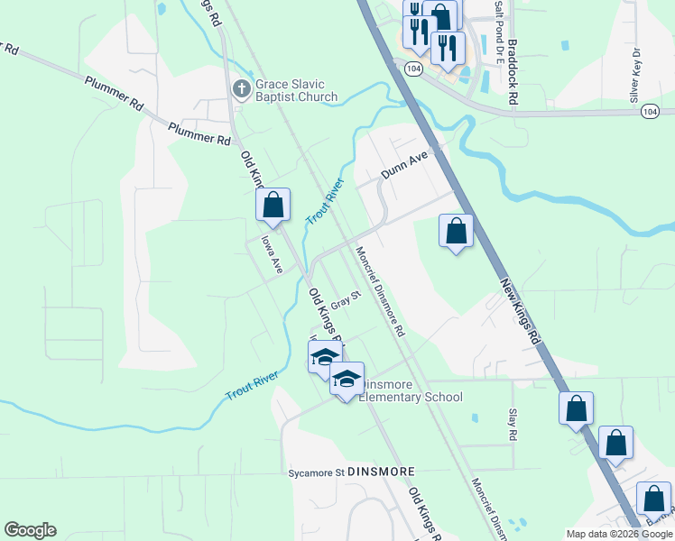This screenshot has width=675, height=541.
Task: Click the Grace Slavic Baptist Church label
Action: click(296, 90)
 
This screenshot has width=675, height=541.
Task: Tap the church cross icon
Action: click(241, 88)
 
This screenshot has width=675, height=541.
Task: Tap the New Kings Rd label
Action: click(520, 310)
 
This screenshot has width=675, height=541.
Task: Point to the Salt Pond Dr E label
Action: click(497, 20)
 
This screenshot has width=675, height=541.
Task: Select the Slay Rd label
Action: click(512, 424)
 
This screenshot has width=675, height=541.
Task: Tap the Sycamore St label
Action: click(316, 472)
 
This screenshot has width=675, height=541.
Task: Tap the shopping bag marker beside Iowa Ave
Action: click(273, 206)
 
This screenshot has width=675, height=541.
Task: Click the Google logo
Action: click(30, 530)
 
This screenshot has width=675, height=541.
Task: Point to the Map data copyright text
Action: click(618, 534)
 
